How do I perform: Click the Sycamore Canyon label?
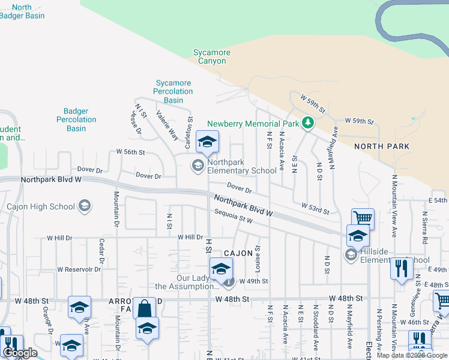click(x=211, y=57)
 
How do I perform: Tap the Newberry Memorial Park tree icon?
click(x=309, y=124)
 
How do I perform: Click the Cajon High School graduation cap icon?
click(x=85, y=206)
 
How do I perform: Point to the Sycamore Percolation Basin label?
click(x=173, y=92)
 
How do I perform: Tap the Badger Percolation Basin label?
click(x=76, y=120)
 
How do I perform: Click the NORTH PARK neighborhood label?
click(x=382, y=146)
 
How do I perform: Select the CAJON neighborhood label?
click(x=238, y=254)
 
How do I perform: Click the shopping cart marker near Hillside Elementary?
click(x=363, y=218)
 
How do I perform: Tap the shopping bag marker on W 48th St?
click(x=144, y=308)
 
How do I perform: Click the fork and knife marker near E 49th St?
click(x=400, y=268)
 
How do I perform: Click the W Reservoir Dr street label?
click(x=79, y=269)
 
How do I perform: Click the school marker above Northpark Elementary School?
click(x=208, y=142)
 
